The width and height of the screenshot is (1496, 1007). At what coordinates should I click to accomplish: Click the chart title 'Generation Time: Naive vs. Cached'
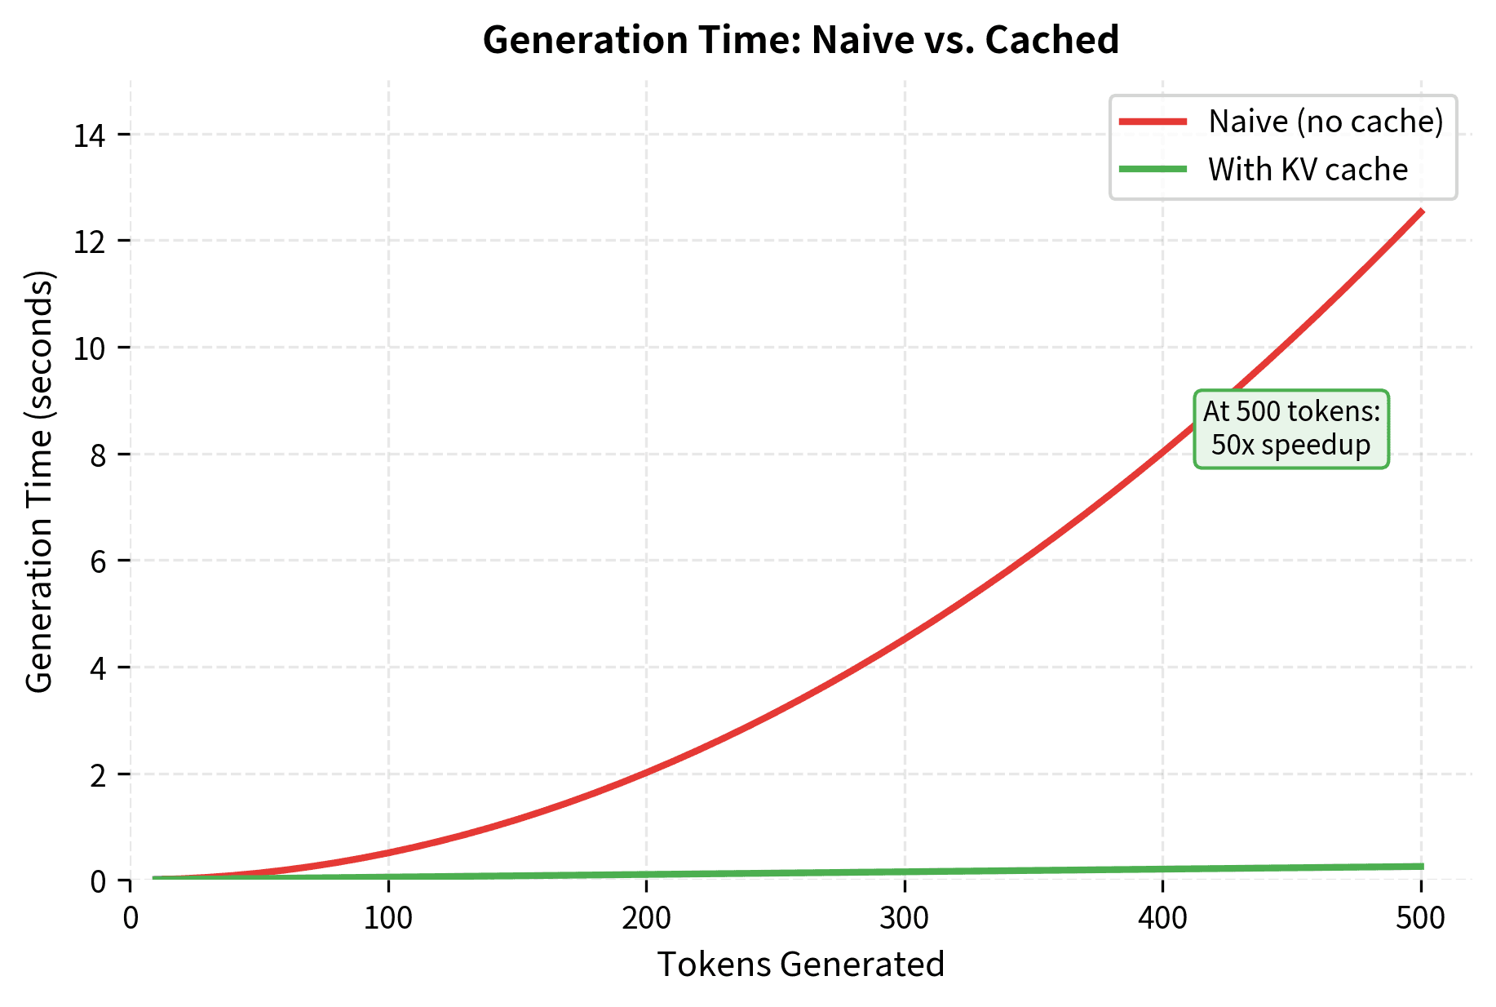pos(800,41)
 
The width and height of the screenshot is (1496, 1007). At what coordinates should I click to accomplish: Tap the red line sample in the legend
pos(1153,122)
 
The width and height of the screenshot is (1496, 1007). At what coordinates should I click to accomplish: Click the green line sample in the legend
pos(1153,170)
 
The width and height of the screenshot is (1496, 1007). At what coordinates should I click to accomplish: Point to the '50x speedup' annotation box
pos(1291,429)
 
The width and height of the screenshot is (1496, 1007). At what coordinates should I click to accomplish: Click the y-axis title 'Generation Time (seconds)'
pos(39,481)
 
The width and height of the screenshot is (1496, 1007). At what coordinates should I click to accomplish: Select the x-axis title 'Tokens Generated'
pos(800,965)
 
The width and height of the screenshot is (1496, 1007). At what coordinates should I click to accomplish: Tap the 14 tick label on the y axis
pos(89,135)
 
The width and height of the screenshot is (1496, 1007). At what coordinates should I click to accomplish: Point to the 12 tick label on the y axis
pos(89,242)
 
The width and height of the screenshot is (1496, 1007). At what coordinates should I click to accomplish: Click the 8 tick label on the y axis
pos(98,455)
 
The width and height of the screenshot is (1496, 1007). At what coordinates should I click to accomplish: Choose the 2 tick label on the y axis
pos(98,774)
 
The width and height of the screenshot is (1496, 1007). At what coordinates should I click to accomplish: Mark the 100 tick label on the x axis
pos(388,918)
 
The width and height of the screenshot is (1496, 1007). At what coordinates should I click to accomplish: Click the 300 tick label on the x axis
pos(905,918)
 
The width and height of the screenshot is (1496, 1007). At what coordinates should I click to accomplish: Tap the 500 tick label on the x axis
pos(1421,918)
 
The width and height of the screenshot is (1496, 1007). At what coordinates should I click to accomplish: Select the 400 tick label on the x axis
pos(1162,918)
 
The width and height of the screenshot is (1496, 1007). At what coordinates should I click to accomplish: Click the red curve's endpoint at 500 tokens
pos(1421,212)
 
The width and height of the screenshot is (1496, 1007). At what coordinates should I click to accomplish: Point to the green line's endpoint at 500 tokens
pos(1421,867)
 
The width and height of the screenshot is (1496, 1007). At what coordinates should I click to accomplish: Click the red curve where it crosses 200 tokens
pos(646,772)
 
